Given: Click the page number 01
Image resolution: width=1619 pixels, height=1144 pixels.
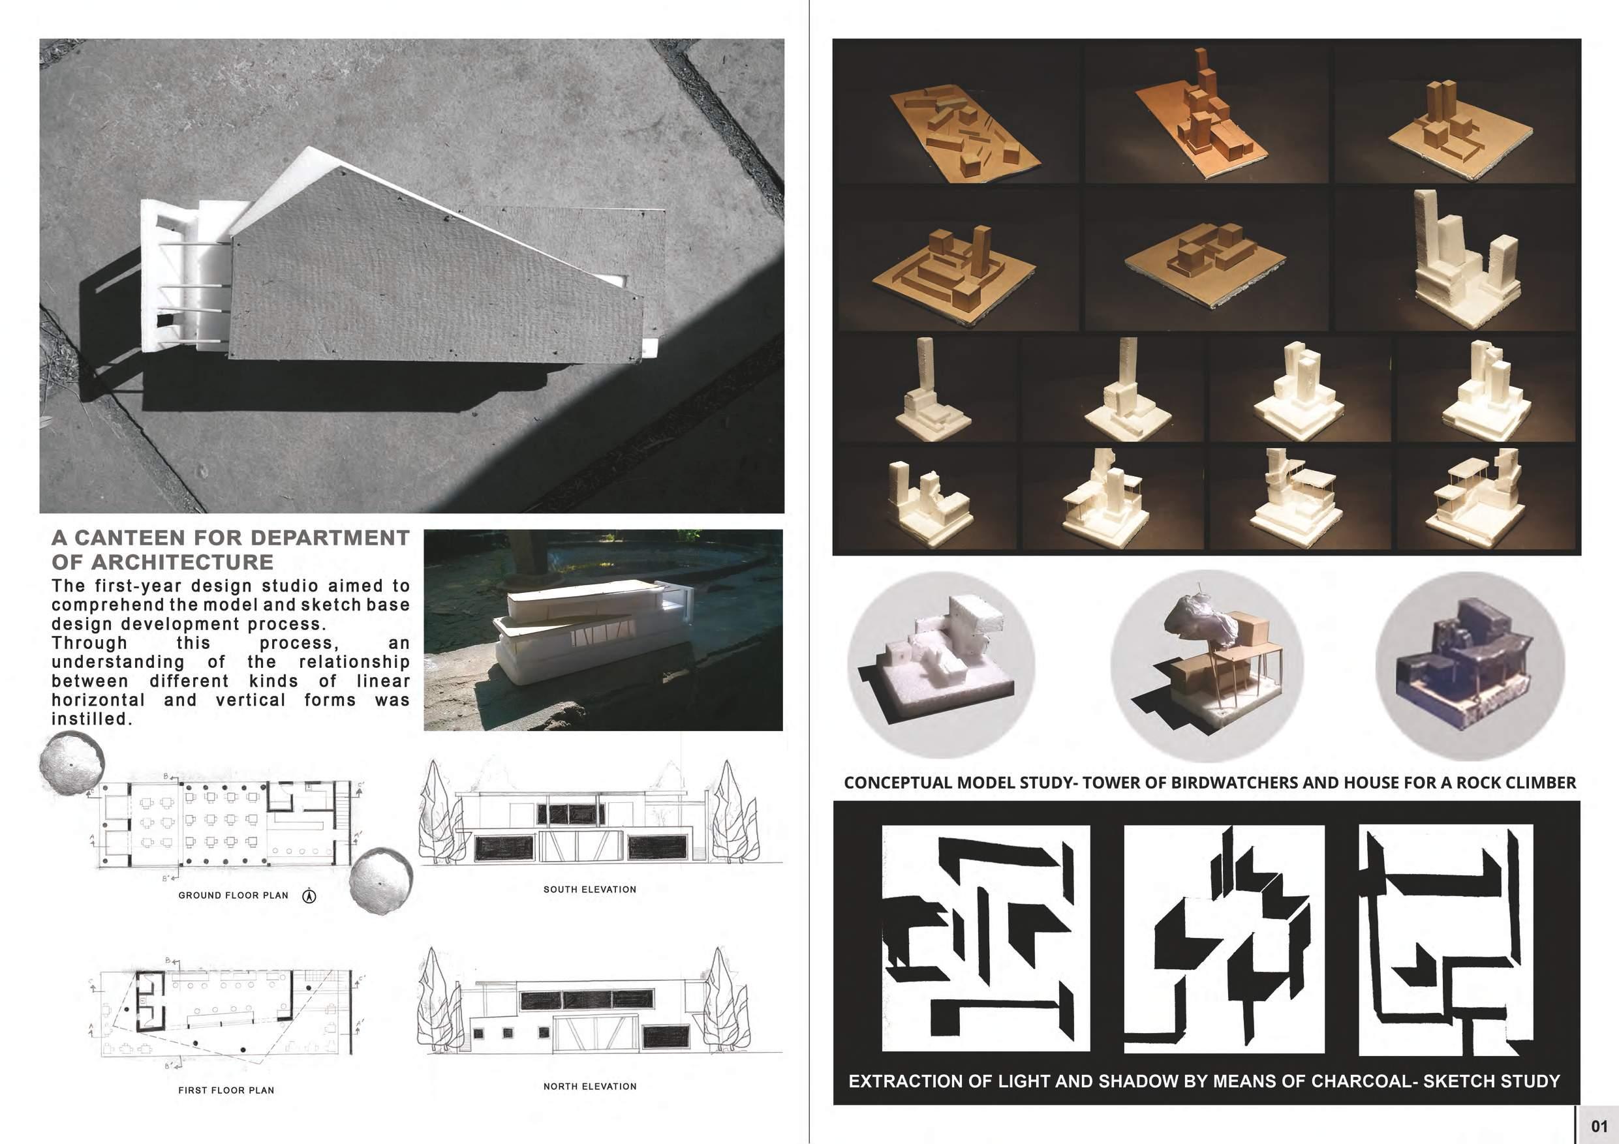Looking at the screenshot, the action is pos(1599,1126).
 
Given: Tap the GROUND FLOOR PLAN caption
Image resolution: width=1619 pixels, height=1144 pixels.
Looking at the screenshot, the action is pos(234,896).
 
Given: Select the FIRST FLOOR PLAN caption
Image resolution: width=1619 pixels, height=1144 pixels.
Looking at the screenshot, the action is pos(226,1091).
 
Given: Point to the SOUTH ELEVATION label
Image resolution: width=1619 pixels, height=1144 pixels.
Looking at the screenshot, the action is pos(589,890).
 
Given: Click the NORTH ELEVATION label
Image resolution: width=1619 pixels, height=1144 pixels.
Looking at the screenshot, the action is pos(589,1086).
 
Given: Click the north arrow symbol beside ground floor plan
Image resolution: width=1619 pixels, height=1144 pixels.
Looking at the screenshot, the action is pos(309,897).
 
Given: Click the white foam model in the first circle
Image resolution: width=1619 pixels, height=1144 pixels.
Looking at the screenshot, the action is pos(936,656).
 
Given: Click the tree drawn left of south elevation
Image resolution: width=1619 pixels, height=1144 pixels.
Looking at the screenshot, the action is pos(435,812).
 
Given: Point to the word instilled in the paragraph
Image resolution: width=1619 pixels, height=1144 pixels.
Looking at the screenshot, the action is pos(91,719).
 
